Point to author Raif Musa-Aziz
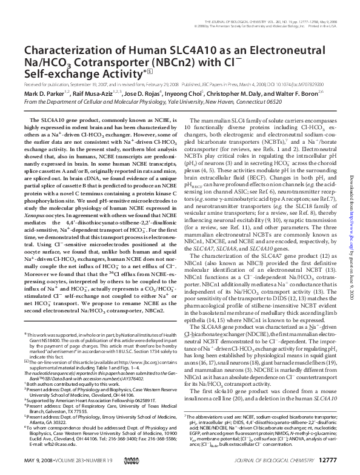101,94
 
